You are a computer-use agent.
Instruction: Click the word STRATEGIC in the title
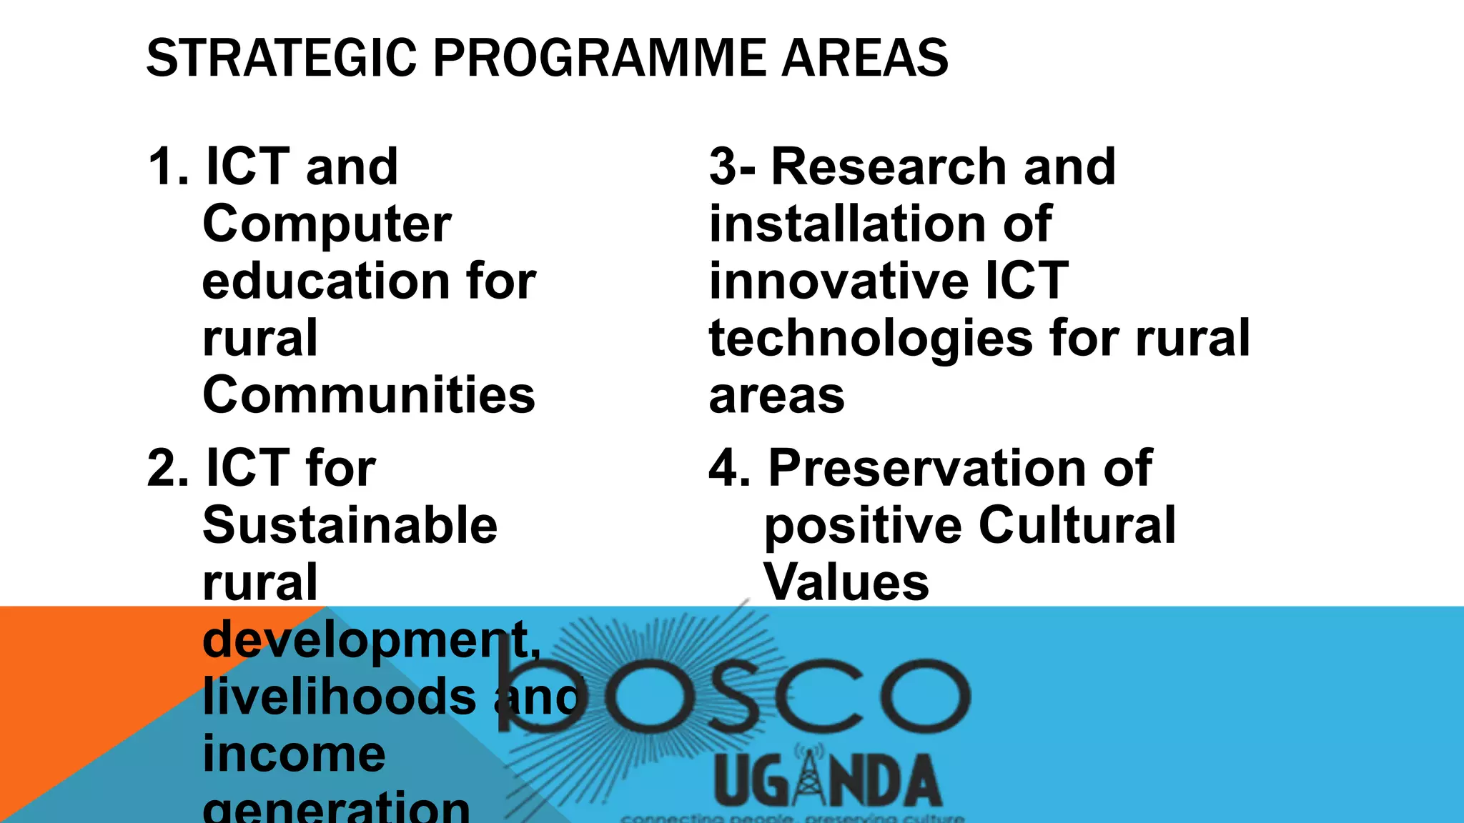click(x=281, y=59)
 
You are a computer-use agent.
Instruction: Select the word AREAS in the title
click(x=864, y=59)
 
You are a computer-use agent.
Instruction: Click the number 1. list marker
click(x=168, y=167)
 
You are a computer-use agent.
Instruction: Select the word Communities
click(x=368, y=396)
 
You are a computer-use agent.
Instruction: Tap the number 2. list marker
click(x=168, y=469)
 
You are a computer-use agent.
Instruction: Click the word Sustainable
click(x=350, y=526)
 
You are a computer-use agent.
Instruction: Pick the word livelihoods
click(x=339, y=697)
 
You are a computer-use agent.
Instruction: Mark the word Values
click(x=846, y=583)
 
